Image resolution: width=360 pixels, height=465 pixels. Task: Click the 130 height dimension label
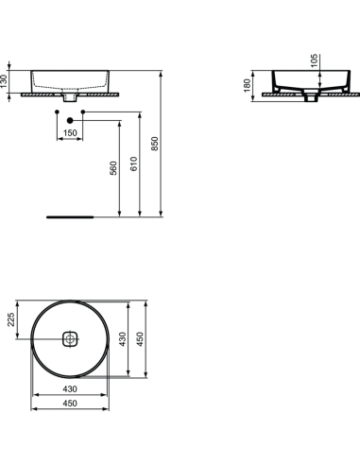click(6, 81)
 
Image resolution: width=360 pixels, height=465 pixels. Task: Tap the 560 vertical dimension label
click(112, 169)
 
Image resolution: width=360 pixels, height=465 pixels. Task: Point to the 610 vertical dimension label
click(135, 164)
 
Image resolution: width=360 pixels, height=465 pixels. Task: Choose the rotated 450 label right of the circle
click(141, 338)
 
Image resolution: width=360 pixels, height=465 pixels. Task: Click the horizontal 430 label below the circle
click(70, 388)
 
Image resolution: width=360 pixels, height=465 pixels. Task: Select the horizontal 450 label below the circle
click(70, 405)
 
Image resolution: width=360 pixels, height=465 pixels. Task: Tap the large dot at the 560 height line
click(70, 120)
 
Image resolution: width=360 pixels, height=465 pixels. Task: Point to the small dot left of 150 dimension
click(57, 113)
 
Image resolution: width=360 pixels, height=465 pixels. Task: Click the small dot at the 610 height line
click(84, 113)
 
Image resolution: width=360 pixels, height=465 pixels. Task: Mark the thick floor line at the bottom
click(71, 215)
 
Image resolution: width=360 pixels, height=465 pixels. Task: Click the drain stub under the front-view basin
click(70, 96)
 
